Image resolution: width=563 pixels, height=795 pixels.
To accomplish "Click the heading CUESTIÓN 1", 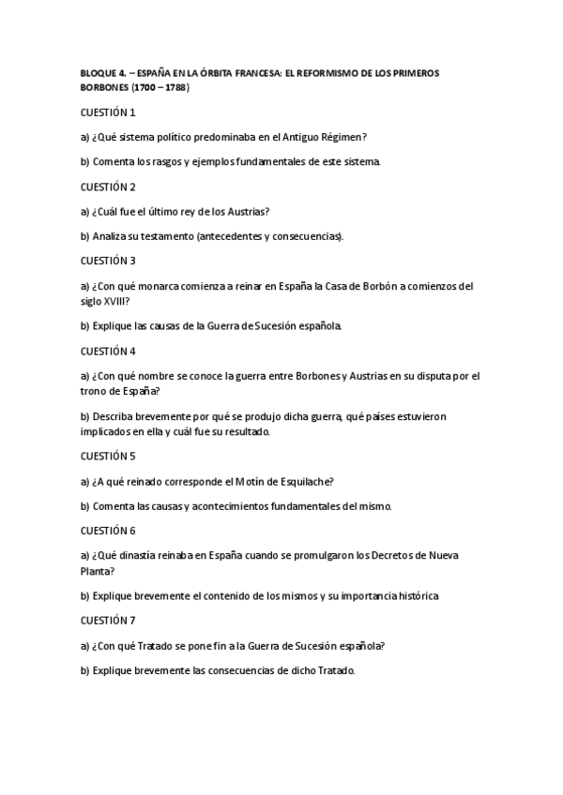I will [108, 112].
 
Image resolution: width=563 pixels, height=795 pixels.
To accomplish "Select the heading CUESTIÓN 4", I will [108, 351].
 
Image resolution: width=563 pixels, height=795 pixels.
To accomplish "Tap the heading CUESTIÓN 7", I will [108, 621].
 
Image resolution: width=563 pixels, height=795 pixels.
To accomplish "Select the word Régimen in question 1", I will [337, 137].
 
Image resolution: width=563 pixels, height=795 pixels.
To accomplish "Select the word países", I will [371, 415].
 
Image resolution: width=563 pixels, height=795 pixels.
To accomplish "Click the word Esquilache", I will [303, 482].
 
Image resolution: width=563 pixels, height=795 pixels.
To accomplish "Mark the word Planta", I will [96, 570].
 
